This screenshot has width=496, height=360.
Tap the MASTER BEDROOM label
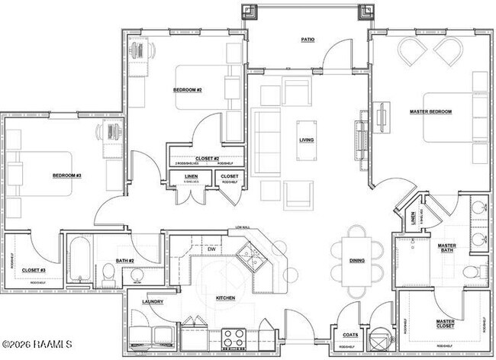point(430,111)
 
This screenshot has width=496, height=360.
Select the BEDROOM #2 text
point(186,90)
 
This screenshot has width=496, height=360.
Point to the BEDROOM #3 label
point(66,176)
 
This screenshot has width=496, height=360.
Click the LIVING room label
point(307,140)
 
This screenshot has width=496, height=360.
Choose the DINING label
point(356,261)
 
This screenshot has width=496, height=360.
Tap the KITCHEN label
point(224,297)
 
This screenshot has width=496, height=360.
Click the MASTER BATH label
point(446,249)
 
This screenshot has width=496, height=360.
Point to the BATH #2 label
point(125,261)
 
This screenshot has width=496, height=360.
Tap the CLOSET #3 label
point(34,269)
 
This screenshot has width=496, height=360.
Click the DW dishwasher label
point(211,249)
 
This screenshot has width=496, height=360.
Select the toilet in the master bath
point(471,271)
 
